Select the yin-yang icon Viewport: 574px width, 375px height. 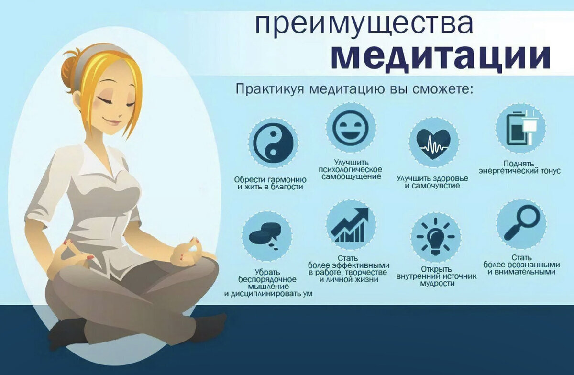click(x=273, y=143)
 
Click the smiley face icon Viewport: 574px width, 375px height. click(x=351, y=127)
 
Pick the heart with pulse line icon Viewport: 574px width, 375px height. click(x=433, y=142)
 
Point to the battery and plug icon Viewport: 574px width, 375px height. click(x=520, y=128)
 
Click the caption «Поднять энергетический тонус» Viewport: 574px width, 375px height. click(x=519, y=167)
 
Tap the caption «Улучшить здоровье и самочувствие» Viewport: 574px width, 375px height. click(x=432, y=182)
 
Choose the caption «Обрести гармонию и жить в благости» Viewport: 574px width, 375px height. click(x=271, y=183)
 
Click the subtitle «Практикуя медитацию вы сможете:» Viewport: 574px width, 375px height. click(x=353, y=89)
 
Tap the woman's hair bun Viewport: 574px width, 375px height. click(x=69, y=70)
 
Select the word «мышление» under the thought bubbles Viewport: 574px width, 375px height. click(x=267, y=286)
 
